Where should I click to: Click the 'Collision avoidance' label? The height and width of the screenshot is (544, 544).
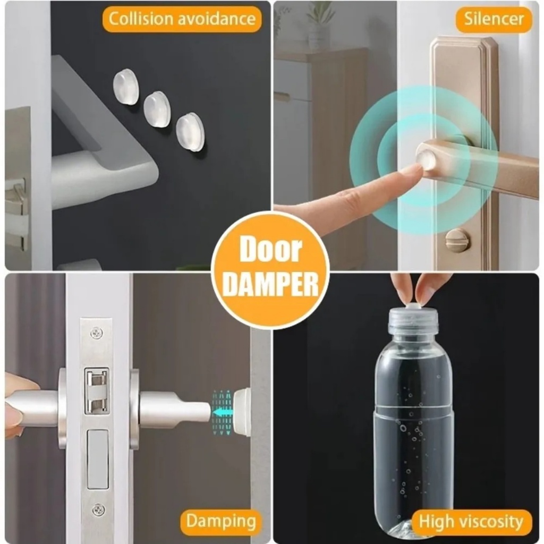[x=182, y=19]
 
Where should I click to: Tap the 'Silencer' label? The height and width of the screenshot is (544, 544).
[x=494, y=19]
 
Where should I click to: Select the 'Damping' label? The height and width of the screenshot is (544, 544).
[x=221, y=522]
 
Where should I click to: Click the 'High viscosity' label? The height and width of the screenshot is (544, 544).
[x=471, y=522]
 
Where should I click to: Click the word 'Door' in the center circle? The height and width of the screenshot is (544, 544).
[x=270, y=249]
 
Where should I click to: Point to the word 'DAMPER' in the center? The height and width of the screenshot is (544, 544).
[x=270, y=284]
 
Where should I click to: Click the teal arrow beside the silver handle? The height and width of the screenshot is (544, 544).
[x=222, y=412]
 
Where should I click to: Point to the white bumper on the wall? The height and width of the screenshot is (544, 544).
[x=242, y=412]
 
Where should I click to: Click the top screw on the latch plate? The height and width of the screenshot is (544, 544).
[x=97, y=334]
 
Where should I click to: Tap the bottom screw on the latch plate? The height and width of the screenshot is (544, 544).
[x=98, y=511]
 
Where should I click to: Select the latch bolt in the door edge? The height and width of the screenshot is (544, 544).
[x=97, y=390]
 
